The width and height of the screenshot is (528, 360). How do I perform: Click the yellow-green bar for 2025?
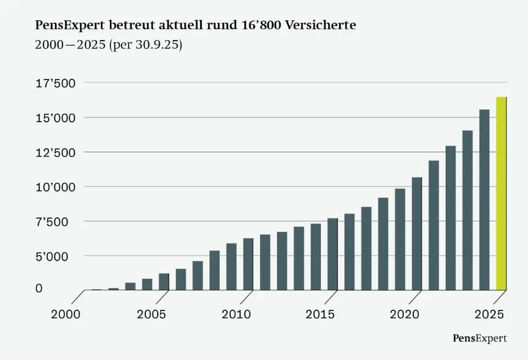tap(501, 193)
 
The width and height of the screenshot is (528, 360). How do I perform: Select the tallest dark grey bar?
tap(484, 200)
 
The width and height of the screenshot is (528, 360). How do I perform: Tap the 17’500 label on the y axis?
tap(55, 83)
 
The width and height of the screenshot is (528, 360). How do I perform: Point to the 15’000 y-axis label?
tap(55, 118)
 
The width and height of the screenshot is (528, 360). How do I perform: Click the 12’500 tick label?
tap(55, 153)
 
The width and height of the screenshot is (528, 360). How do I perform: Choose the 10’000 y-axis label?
tap(55, 187)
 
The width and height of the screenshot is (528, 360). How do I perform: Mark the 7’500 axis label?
tap(52, 222)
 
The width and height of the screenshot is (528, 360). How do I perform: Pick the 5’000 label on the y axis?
tap(52, 257)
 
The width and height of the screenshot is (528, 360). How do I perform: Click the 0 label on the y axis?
tap(39, 288)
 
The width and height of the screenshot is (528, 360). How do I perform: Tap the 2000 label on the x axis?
tap(66, 314)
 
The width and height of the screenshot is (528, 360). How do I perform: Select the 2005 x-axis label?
tap(151, 314)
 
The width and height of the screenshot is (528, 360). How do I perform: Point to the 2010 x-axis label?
tap(236, 314)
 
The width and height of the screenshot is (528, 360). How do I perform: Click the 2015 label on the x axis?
tap(320, 314)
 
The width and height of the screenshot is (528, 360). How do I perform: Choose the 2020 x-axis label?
tap(404, 314)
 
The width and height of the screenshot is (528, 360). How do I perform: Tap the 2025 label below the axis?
tap(490, 314)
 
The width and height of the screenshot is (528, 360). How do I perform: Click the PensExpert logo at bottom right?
tap(480, 339)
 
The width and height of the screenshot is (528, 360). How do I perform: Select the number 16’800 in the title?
tap(261, 25)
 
